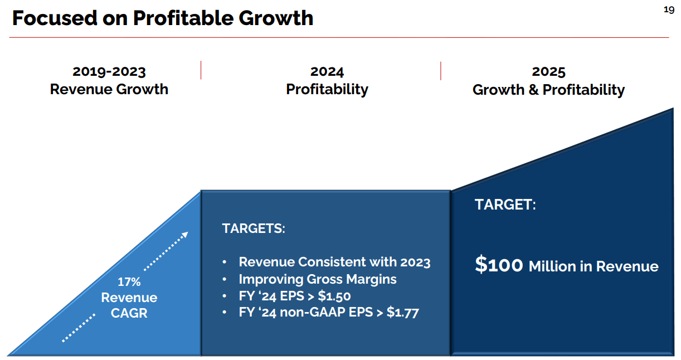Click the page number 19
pyautogui.click(x=669, y=10)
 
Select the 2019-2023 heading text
pyautogui.click(x=109, y=71)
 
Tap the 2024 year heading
pyautogui.click(x=327, y=71)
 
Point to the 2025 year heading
pyautogui.click(x=548, y=71)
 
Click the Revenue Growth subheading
pyautogui.click(x=109, y=89)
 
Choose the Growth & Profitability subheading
pyautogui.click(x=548, y=90)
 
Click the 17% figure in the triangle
pyautogui.click(x=129, y=282)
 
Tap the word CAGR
pyautogui.click(x=129, y=313)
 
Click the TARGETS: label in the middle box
pyautogui.click(x=254, y=228)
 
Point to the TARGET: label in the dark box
pyautogui.click(x=505, y=205)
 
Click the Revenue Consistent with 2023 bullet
pyautogui.click(x=334, y=262)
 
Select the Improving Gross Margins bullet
pyautogui.click(x=318, y=279)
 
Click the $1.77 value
pyautogui.click(x=402, y=313)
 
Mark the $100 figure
pyautogui.click(x=499, y=265)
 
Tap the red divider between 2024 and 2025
pyautogui.click(x=441, y=71)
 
